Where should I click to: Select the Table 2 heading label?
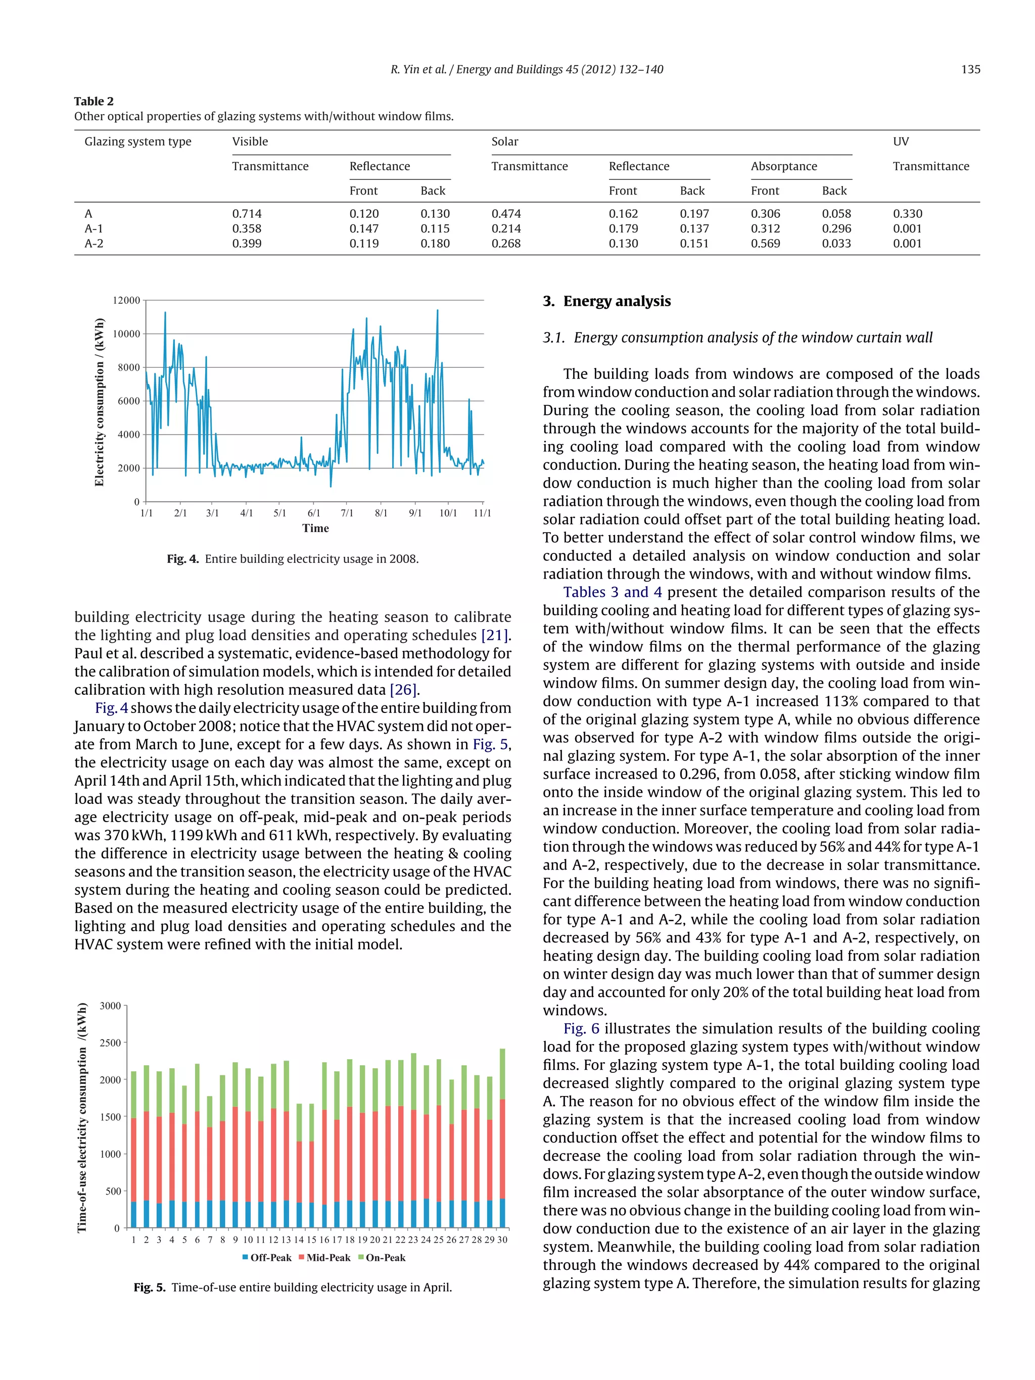tap(93, 101)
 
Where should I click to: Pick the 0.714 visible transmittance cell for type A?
tap(247, 213)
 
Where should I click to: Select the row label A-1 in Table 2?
tap(93, 228)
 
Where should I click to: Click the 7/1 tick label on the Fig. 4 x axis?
tap(347, 513)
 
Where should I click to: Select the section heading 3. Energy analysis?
tap(606, 301)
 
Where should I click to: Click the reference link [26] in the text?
tap(403, 689)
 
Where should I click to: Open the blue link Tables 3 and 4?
tap(612, 592)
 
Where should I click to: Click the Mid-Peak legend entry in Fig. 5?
tap(324, 1258)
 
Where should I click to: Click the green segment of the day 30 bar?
tap(502, 1073)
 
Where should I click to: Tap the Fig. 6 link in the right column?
tap(581, 1029)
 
